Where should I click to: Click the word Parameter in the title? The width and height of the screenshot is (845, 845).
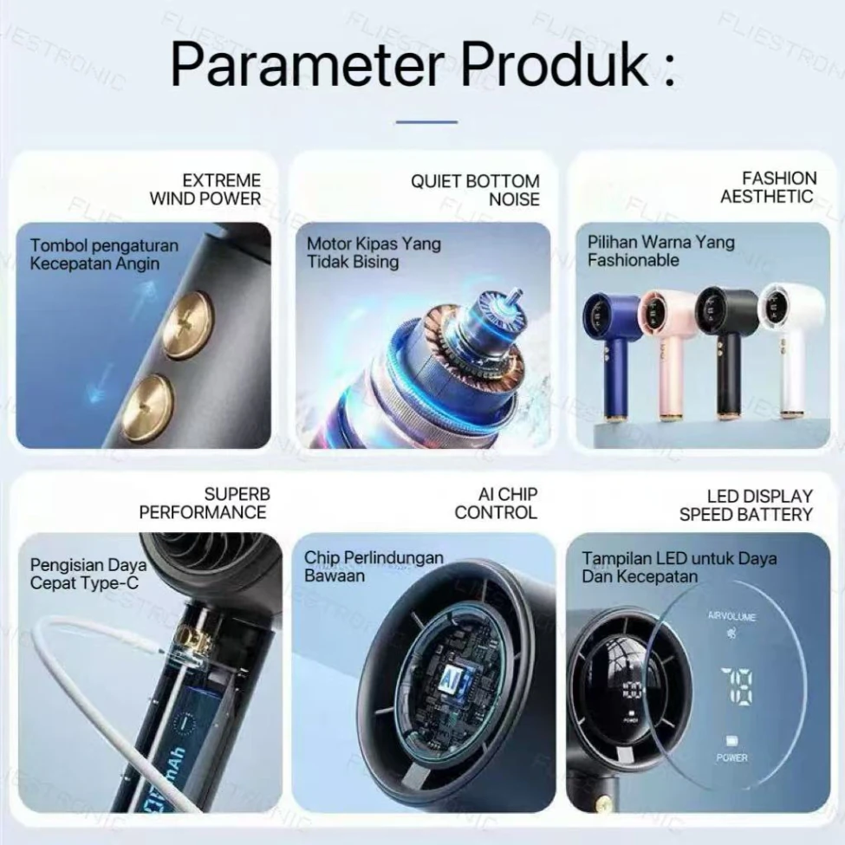coord(308,65)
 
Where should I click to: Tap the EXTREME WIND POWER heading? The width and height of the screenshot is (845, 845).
coord(205,189)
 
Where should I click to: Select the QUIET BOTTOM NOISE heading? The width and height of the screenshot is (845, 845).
coord(475,190)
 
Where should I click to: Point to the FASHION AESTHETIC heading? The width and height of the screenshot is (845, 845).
coord(767,187)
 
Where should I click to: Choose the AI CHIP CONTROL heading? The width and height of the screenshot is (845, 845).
coord(496,504)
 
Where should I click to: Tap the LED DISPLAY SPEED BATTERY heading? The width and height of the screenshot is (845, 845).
coord(746,505)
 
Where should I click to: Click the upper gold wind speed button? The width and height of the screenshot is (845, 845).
coord(187,325)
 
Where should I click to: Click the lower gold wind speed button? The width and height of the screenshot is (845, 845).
coord(147,408)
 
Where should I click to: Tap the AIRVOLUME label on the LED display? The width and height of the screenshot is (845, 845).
coord(731,616)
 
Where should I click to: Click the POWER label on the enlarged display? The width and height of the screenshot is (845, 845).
coord(731,757)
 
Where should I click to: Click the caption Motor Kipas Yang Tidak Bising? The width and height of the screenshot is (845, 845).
coord(374,253)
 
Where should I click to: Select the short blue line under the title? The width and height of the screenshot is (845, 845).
coord(426,122)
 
